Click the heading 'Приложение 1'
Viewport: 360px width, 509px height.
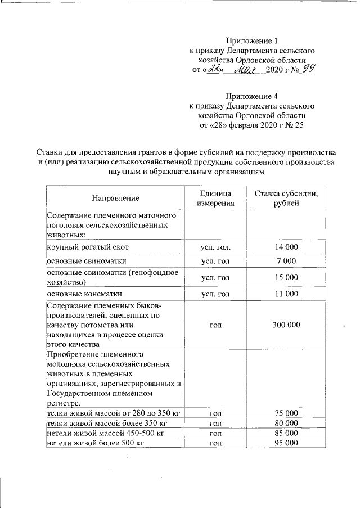coord(251,40)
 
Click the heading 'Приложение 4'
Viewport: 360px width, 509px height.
coord(251,96)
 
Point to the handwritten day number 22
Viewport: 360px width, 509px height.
coord(214,70)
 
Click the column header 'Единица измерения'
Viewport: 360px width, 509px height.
coord(216,198)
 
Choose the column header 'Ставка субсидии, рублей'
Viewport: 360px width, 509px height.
coord(286,198)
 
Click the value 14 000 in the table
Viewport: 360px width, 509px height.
coord(286,247)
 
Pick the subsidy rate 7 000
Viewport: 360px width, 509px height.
coord(286,262)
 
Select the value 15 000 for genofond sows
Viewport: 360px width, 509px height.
coord(286,277)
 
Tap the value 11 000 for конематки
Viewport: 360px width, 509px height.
coord(286,294)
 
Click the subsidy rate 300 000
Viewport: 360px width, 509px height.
coord(286,325)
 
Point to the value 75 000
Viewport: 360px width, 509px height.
coord(286,413)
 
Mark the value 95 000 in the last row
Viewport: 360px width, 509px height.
coord(286,443)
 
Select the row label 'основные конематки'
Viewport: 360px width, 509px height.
coord(84,294)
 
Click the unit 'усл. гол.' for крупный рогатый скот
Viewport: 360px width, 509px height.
coord(216,247)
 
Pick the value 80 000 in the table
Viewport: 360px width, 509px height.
coord(286,423)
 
